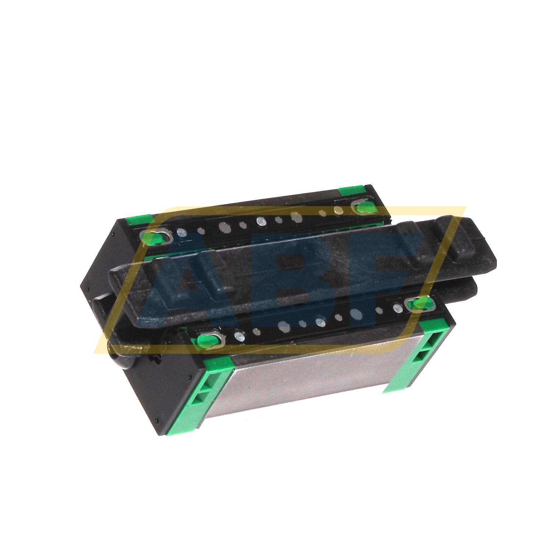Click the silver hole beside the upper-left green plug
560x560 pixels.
181,233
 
